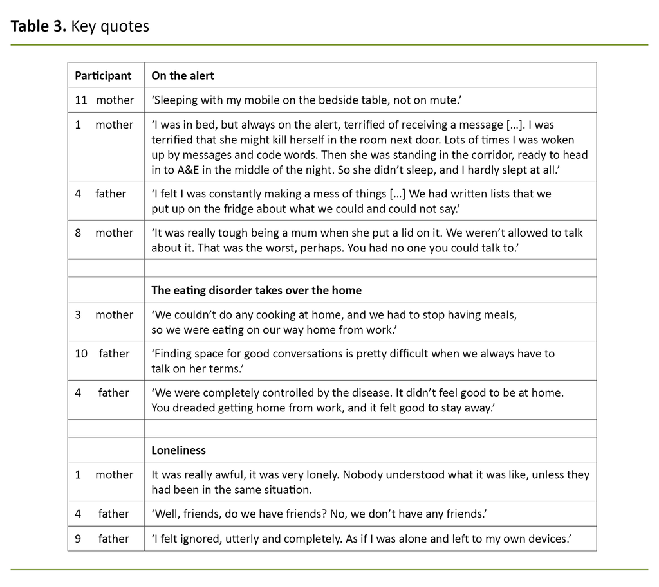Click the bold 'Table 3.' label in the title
coord(39,26)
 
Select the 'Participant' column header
coord(103,75)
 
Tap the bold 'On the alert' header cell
coord(183,75)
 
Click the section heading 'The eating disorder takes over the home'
coord(256,290)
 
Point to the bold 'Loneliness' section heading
coord(178,450)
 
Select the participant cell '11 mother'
coord(104,100)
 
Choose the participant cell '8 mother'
coord(104,233)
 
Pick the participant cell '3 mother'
coord(104,314)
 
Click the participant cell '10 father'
coord(102,354)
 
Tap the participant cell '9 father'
coord(102,539)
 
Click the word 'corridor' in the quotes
coord(472,155)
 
